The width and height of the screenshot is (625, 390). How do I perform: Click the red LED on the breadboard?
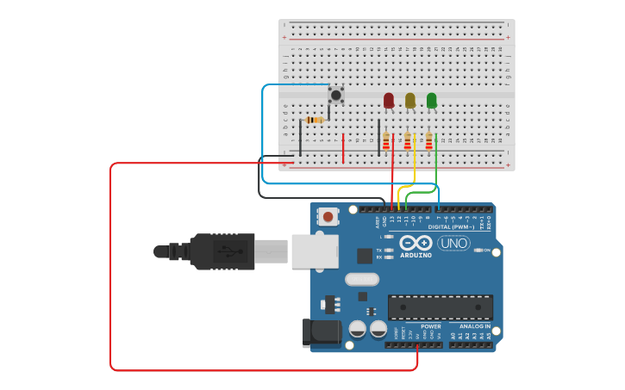[389, 101]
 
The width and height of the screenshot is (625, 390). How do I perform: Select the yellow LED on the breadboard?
[410, 101]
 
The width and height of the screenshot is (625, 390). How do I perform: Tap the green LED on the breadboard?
[432, 101]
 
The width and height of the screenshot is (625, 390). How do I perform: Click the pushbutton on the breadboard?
[336, 94]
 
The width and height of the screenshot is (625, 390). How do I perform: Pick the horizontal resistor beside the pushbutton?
[316, 120]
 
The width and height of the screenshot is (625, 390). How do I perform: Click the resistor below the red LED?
[386, 141]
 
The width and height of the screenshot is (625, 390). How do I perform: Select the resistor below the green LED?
[428, 141]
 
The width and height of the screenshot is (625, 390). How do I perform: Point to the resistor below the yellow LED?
[408, 141]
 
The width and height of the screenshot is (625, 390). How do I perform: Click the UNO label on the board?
[453, 243]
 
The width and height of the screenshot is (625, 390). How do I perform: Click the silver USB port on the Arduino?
[315, 251]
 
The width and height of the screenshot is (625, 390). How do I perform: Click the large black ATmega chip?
[440, 306]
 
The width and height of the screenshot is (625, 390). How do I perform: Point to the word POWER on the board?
[431, 326]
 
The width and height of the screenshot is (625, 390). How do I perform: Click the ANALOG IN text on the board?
[475, 326]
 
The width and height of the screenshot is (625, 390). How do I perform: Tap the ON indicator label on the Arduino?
[486, 250]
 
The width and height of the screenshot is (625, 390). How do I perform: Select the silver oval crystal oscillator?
[362, 279]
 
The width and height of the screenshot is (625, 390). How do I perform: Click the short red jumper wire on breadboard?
[343, 147]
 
